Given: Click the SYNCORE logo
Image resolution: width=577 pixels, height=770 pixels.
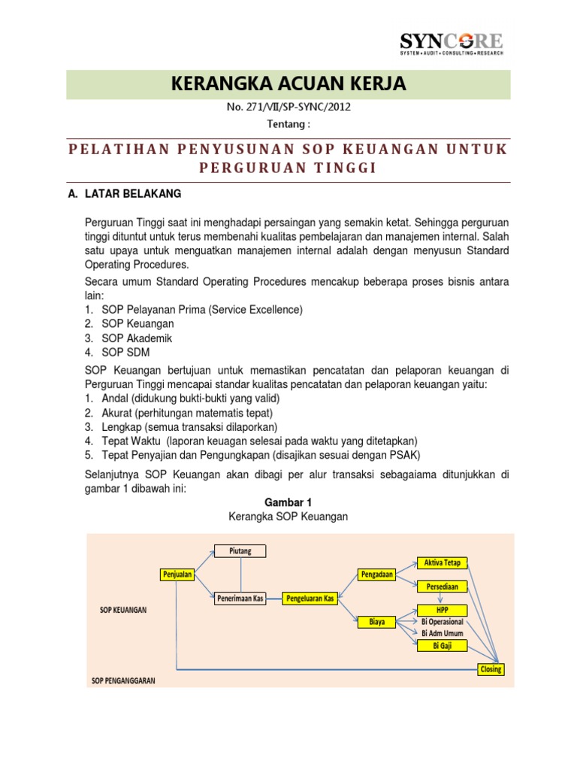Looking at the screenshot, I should [x=451, y=43].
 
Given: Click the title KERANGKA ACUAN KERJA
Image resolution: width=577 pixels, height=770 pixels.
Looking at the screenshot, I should [x=289, y=84].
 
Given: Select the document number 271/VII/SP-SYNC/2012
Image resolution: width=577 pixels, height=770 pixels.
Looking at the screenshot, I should [x=288, y=107].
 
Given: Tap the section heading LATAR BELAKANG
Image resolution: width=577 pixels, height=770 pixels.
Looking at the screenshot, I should [x=124, y=193].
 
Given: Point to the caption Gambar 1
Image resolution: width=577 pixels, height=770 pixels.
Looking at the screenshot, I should [x=288, y=502].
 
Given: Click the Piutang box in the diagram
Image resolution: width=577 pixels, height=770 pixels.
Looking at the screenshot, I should [x=240, y=551].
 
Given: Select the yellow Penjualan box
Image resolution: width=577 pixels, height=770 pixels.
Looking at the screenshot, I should [x=177, y=574].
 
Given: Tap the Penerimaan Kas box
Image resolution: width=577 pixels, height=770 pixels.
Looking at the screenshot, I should [x=240, y=599].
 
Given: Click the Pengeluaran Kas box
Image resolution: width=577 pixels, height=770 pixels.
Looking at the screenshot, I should [x=310, y=599].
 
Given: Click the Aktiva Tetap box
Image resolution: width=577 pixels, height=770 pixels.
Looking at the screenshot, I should [x=443, y=563].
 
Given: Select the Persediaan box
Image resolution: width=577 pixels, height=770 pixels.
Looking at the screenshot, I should [x=443, y=586].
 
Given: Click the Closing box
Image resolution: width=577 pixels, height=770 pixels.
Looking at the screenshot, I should [x=491, y=669].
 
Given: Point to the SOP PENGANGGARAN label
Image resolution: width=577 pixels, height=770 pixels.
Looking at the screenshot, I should [x=123, y=681].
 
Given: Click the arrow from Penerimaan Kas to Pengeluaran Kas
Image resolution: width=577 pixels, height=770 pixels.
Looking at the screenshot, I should [x=274, y=599].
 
